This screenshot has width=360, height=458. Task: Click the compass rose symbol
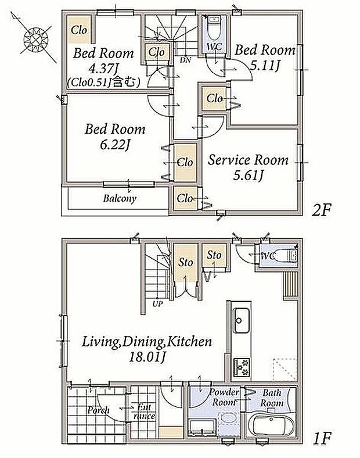coord(35,38)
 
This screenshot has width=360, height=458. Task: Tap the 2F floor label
coord(321,210)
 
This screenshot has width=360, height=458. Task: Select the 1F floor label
coord(322,438)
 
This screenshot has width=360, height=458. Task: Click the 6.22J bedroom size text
coord(114,144)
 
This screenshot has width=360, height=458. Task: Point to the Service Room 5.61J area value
coord(248,176)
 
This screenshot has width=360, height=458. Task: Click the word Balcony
coord(120,199)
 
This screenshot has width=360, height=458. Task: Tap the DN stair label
coord(185,60)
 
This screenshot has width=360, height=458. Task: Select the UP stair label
coord(157,304)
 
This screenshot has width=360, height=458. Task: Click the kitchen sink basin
coord(241,320)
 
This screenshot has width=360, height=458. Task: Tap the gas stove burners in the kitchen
coord(242,367)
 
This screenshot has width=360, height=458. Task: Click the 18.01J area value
coord(147,357)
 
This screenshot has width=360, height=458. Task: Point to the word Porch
coord(98,410)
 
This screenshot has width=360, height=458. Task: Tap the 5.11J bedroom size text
coord(265,66)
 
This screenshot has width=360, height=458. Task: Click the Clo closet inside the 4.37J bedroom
coord(79,30)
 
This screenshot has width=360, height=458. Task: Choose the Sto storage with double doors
coord(185,262)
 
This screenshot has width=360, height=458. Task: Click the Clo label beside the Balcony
coord(185,198)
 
